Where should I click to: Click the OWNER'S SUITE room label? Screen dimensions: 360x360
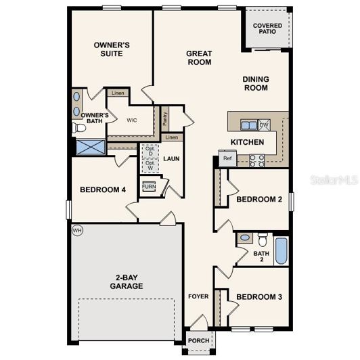point(111,49)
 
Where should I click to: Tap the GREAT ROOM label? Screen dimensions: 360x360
point(200,58)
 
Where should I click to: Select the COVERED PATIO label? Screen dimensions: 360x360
point(267,29)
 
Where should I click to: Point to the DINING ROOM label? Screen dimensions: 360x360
point(256,83)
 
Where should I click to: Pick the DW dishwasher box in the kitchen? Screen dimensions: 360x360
point(264,125)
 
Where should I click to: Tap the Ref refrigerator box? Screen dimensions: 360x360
point(227,159)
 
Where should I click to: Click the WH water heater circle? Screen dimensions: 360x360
point(76,231)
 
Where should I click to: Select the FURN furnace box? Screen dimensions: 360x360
point(149,185)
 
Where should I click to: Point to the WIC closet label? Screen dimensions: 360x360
point(132,120)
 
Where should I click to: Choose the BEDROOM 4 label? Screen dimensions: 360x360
point(103,189)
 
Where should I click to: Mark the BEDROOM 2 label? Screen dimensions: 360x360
point(258,200)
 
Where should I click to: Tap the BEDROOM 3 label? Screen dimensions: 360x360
point(259,297)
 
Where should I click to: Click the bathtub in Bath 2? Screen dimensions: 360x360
point(282,251)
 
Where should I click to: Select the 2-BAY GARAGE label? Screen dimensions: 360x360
point(127,282)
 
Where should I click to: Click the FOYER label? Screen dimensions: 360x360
point(198,296)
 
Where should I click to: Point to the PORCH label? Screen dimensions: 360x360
point(198,340)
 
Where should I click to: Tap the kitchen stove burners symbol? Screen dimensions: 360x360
point(257,160)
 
